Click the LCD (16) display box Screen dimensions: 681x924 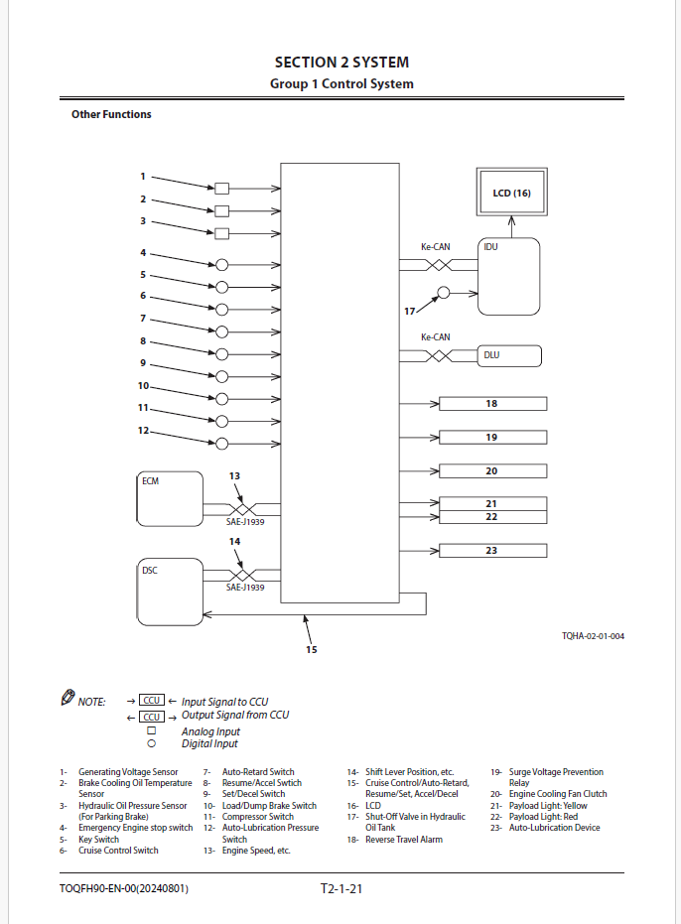[x=512, y=193]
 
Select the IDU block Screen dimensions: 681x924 [x=508, y=276]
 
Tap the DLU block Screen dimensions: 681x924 [x=509, y=356]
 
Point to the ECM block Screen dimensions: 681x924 [x=170, y=498]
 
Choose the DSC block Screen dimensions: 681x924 [x=170, y=592]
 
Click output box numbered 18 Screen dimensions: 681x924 [x=493, y=404]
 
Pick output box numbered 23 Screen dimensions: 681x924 [x=493, y=551]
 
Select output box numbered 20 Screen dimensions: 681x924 [x=493, y=470]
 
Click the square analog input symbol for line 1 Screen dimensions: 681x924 [x=221, y=189]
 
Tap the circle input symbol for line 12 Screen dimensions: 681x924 [x=221, y=444]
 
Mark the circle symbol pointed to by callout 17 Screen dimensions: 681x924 [x=444, y=292]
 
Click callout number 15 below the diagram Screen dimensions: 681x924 [x=312, y=649]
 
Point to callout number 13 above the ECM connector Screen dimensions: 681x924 [x=234, y=475]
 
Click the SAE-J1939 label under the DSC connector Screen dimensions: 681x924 [x=245, y=587]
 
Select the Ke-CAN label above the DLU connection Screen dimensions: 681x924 [x=435, y=337]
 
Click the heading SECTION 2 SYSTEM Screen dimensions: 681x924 [x=341, y=62]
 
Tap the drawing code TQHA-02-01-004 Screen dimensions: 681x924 [x=593, y=636]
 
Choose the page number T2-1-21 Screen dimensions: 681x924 [x=341, y=888]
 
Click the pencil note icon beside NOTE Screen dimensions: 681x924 [x=68, y=697]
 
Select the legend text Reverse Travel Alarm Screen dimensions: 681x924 [x=404, y=840]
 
